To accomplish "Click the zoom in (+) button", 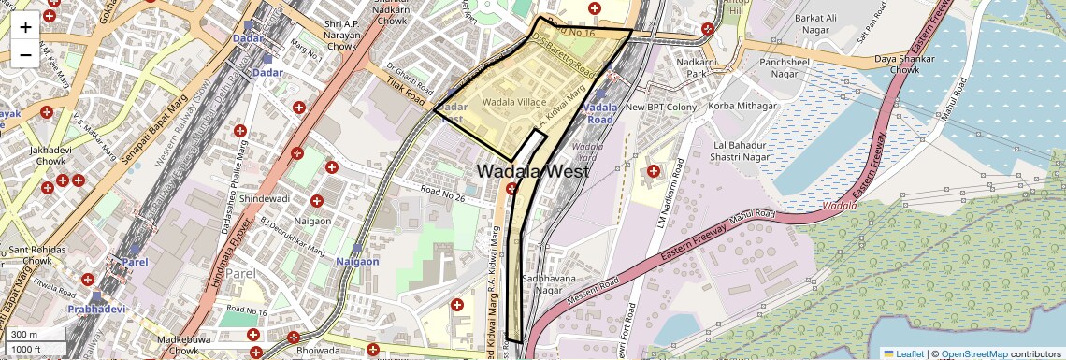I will click(25, 27).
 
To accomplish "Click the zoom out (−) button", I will click(25, 54).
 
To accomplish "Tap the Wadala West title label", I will click(533, 172).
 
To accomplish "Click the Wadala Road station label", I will click(599, 113).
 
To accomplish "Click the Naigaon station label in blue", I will click(357, 262).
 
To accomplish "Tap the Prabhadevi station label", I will click(95, 308).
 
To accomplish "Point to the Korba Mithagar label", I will click(743, 107).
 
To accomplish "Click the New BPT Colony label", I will click(661, 108).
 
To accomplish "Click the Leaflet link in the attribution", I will click(904, 353).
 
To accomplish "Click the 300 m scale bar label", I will click(24, 335).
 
